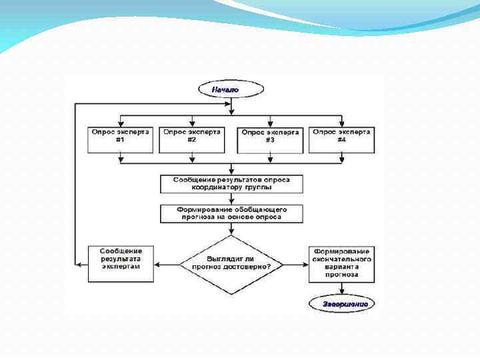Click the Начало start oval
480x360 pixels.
[x=225, y=88]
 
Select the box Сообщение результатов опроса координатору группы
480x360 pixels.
[x=231, y=183]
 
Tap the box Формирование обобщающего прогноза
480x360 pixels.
[x=231, y=213]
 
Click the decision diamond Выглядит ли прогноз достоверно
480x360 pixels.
[x=231, y=264]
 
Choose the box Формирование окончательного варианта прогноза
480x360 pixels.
[x=341, y=264]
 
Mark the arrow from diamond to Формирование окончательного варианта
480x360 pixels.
[x=295, y=264]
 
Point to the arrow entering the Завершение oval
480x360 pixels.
[x=341, y=289]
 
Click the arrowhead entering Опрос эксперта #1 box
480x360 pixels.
[x=120, y=123]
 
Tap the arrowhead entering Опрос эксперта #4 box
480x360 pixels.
[x=341, y=123]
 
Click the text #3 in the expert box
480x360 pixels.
[x=269, y=141]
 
